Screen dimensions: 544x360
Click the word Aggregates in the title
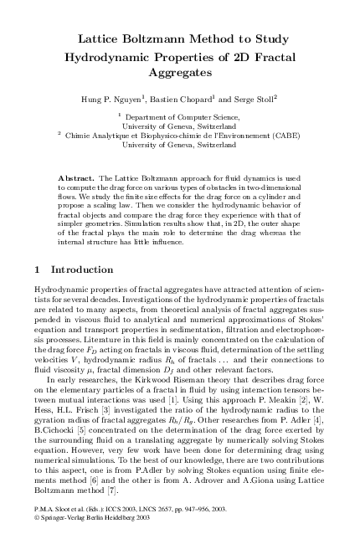180,74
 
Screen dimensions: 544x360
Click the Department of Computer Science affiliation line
180,118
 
